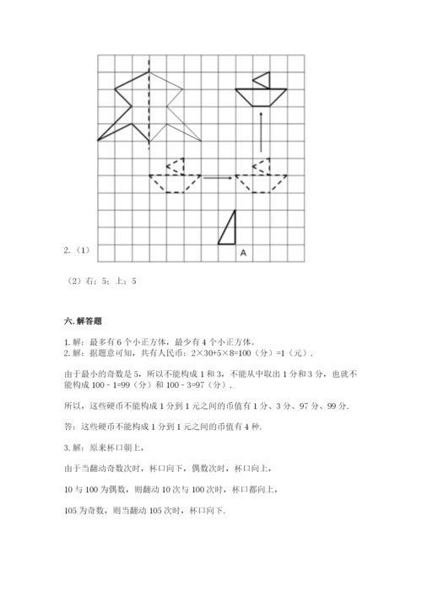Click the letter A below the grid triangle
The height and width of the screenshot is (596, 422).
243,252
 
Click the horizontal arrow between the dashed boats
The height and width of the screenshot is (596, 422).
218,177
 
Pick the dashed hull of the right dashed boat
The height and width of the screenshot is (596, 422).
261,183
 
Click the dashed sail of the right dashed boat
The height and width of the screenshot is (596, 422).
263,165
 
